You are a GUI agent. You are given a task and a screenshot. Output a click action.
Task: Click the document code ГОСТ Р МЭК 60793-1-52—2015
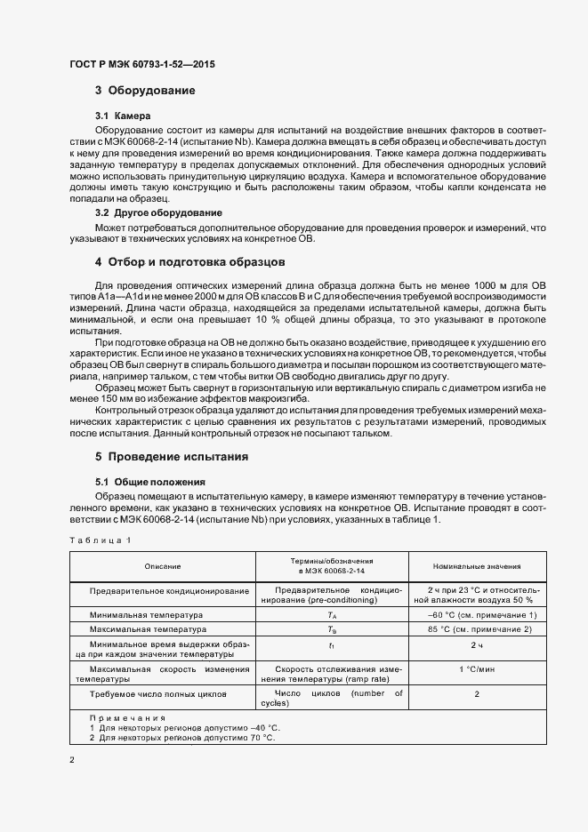(x=141, y=65)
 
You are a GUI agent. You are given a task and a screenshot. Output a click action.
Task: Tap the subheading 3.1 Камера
(x=123, y=116)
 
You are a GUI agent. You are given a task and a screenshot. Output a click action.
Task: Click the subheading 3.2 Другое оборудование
(x=158, y=213)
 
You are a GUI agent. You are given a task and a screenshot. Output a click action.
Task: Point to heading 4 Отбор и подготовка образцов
(x=189, y=262)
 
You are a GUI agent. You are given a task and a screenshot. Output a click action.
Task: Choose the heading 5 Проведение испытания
(x=171, y=456)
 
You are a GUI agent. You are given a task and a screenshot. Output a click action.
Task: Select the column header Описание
(x=163, y=566)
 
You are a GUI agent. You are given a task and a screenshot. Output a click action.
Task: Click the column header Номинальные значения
(x=476, y=566)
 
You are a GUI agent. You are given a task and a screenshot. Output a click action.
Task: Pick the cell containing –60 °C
(x=482, y=614)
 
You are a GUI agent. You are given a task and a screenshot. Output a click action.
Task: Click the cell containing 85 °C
(x=482, y=629)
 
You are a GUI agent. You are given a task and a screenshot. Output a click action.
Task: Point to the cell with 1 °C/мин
(x=477, y=669)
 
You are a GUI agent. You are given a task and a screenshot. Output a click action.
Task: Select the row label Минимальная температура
(x=146, y=614)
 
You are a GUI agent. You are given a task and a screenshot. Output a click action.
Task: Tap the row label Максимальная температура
(x=148, y=629)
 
